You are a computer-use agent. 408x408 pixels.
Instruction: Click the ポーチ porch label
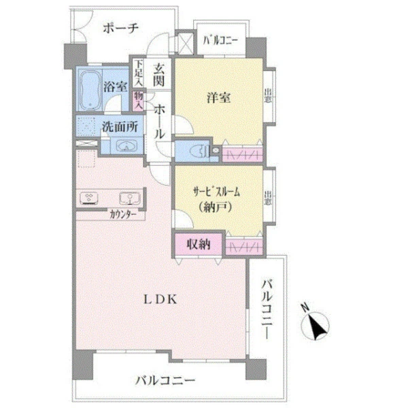click(120, 28)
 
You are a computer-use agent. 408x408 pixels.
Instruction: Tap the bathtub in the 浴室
click(90, 89)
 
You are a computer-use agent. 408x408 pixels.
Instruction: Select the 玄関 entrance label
click(158, 75)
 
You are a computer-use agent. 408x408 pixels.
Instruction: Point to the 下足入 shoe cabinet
click(139, 73)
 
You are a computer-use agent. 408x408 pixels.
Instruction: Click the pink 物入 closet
click(139, 101)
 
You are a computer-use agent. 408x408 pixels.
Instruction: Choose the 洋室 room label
click(218, 98)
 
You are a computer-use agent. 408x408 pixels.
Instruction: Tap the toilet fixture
click(199, 151)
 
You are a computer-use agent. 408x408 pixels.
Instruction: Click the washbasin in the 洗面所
click(126, 146)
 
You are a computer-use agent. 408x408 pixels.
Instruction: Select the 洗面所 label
click(120, 126)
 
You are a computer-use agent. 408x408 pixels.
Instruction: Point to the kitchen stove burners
click(89, 199)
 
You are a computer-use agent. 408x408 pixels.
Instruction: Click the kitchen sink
click(130, 199)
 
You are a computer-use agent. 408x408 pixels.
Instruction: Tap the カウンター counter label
click(123, 215)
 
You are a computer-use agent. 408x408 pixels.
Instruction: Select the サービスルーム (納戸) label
click(216, 199)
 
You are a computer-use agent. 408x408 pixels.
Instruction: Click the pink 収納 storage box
click(199, 244)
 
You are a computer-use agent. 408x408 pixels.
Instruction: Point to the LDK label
click(160, 300)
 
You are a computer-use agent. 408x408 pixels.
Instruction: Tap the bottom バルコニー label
click(165, 381)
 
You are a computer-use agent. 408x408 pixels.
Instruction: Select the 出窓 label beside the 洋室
click(268, 96)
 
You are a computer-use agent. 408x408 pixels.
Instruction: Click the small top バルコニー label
click(220, 41)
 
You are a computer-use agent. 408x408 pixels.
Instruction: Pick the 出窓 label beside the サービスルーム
click(268, 198)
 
